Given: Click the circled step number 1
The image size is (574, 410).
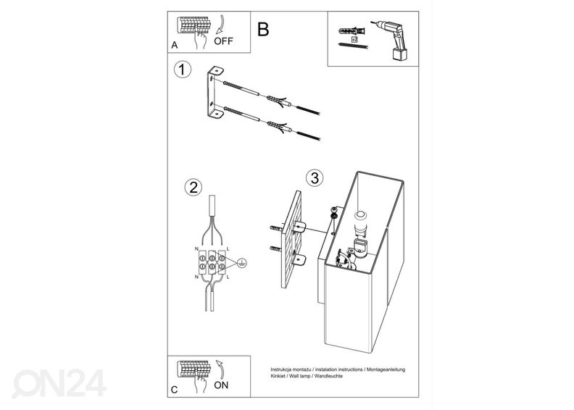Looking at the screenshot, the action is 182,70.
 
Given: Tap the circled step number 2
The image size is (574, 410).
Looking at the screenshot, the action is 193,187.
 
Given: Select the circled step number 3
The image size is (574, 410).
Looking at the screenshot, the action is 315,177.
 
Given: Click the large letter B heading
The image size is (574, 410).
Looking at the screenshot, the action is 263,29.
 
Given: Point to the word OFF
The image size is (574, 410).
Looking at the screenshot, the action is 223,41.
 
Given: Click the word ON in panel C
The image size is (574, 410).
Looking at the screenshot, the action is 221,385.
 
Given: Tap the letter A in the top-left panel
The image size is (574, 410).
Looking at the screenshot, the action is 175,45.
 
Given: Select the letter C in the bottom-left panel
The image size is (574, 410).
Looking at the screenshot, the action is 174,390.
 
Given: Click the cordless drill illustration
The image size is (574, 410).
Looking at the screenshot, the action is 390,40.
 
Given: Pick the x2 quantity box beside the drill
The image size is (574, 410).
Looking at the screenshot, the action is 354,40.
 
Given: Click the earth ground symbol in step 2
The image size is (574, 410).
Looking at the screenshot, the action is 241,263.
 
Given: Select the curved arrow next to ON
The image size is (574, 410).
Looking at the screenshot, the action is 221,369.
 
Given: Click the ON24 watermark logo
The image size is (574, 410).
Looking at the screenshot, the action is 59,383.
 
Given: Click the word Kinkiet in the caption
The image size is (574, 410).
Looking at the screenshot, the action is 278,376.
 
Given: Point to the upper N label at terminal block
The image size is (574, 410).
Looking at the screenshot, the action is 197,248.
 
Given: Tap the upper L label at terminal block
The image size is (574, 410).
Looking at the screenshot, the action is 228,248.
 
